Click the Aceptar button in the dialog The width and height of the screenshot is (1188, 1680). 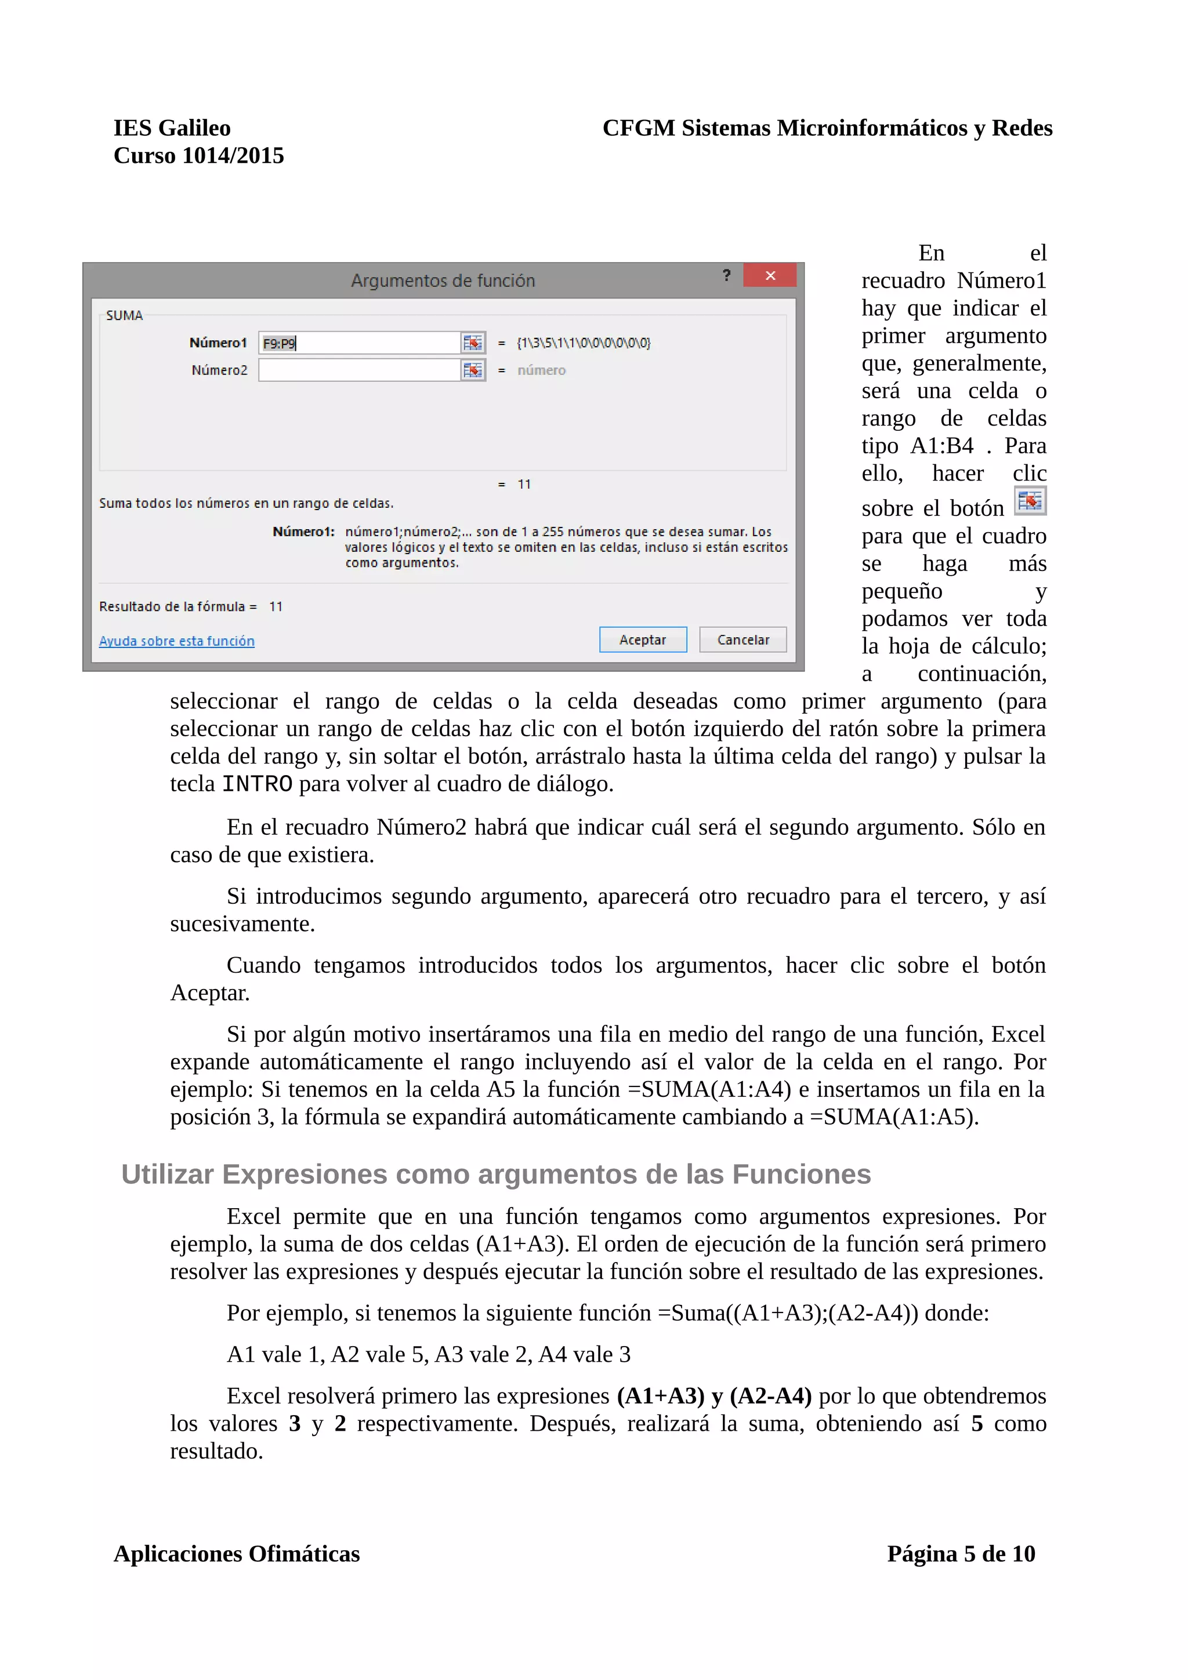pos(642,639)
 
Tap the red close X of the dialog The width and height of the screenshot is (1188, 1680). pos(769,276)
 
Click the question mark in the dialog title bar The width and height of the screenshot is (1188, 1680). pos(726,275)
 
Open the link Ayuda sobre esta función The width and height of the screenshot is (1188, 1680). pos(176,641)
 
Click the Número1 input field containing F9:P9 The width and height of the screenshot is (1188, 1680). pos(358,343)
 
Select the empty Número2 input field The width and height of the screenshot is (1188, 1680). pos(358,370)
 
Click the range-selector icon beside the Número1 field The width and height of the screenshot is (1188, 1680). pos(473,343)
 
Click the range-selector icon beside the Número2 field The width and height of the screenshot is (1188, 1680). pos(473,370)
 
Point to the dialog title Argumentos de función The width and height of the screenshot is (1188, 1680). pos(443,280)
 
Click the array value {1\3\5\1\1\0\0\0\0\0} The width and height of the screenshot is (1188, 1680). pos(584,343)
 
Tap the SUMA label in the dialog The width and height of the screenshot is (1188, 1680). pos(125,315)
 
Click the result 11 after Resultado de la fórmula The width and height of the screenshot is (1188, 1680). pos(275,606)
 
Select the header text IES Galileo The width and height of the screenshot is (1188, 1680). pos(172,128)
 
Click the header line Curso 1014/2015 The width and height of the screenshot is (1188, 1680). pos(198,156)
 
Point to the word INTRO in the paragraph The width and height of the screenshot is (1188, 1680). pos(257,784)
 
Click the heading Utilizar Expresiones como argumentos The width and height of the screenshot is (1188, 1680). pos(495,1174)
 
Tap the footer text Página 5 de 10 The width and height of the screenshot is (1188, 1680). pos(961,1554)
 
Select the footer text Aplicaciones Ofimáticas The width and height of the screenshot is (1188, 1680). pos(237,1554)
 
